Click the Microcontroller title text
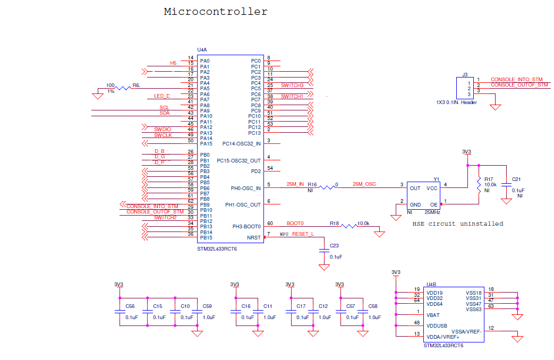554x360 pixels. point(216,12)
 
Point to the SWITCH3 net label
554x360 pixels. point(292,85)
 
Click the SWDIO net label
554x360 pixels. point(163,130)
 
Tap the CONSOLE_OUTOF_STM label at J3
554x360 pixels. point(519,85)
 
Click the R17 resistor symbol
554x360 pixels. point(479,185)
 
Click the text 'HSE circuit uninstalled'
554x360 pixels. point(457,224)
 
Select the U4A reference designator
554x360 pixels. point(202,50)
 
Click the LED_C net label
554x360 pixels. point(162,96)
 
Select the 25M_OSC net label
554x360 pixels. point(364,184)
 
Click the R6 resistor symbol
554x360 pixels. point(124,88)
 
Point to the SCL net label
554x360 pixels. point(164,107)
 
